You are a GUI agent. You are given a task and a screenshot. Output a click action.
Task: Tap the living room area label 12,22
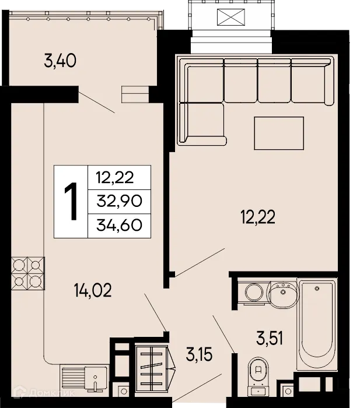(257, 217)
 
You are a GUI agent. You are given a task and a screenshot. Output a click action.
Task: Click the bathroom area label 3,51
(270, 337)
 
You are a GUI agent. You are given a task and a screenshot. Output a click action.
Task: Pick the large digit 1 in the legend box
(71, 202)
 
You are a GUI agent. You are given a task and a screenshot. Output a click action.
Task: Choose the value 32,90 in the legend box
(119, 202)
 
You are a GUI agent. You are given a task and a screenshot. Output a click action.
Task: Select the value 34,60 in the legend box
(119, 224)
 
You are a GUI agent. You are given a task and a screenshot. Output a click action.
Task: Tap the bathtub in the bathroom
(316, 323)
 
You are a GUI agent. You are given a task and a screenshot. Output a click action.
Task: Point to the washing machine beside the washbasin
(253, 292)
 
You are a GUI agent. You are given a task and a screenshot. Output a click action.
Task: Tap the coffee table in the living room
(278, 133)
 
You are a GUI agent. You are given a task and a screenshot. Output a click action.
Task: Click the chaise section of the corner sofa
(202, 123)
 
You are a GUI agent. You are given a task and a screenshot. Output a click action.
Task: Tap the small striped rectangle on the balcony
(135, 94)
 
